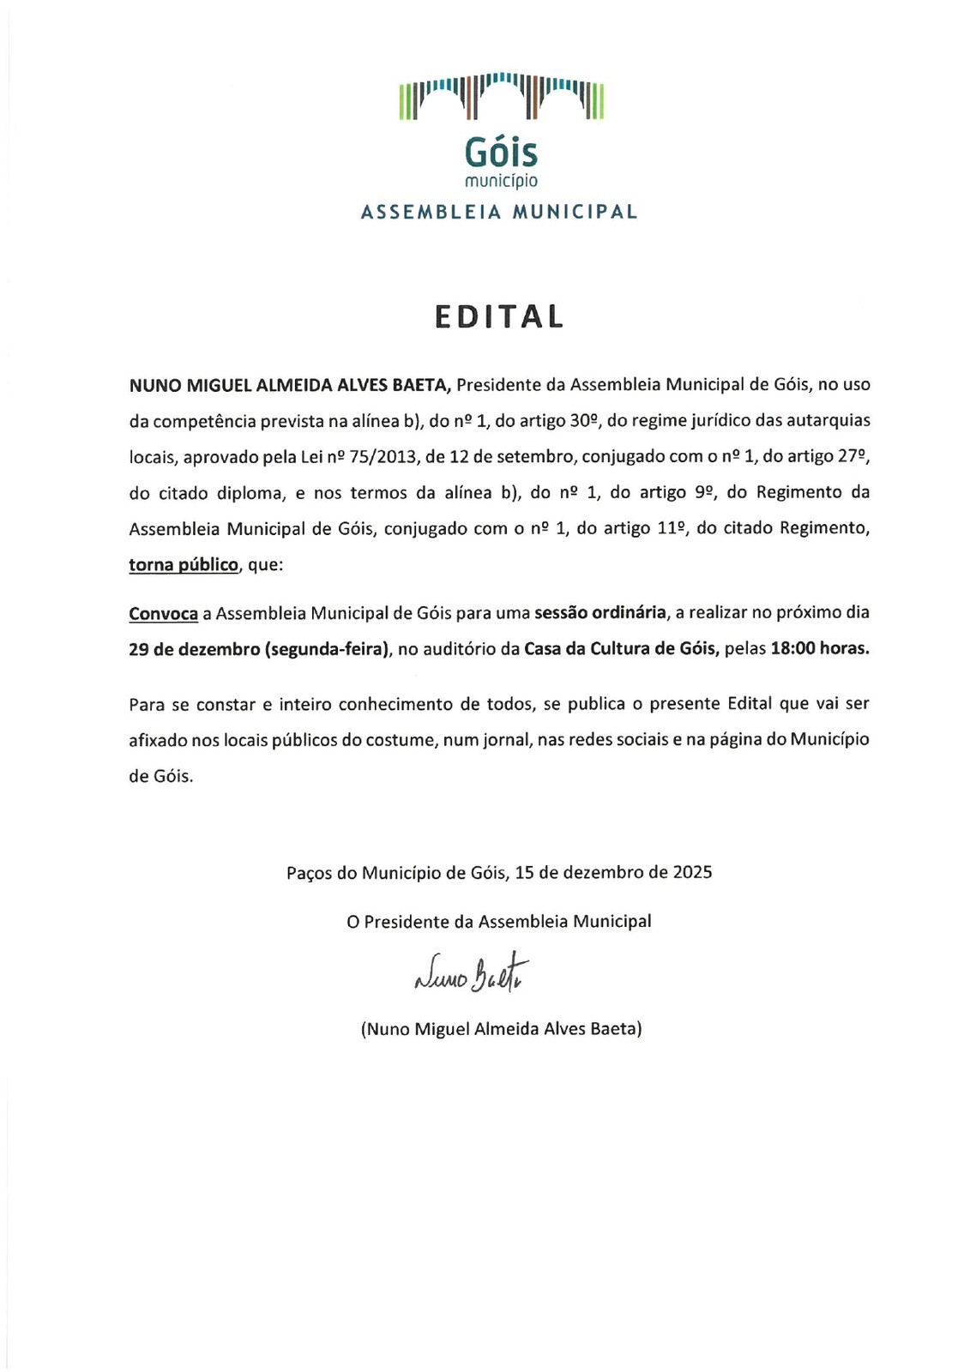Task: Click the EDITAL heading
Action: [x=499, y=316]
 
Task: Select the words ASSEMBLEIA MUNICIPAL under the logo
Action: [x=499, y=212]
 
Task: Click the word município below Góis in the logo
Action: [x=501, y=181]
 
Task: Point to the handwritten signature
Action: [x=471, y=973]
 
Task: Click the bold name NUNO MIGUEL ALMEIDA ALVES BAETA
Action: [x=290, y=385]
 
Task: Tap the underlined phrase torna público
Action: [x=183, y=565]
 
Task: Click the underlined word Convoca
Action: [x=163, y=613]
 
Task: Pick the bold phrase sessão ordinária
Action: [x=599, y=612]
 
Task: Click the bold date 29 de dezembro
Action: [x=194, y=649]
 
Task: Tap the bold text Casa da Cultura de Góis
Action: [x=621, y=649]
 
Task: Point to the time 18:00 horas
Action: [x=820, y=649]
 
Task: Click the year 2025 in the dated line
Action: [x=692, y=872]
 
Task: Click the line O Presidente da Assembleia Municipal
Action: [x=498, y=922]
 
